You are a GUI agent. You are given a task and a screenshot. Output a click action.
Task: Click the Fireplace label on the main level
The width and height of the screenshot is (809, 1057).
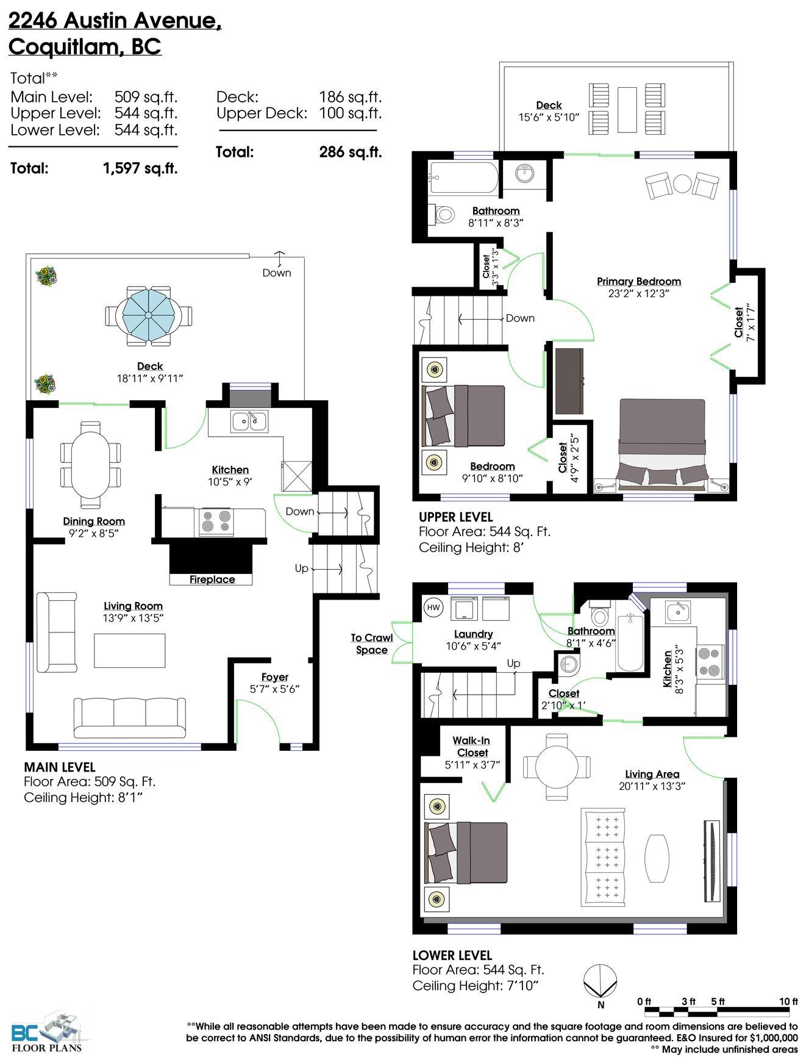212,579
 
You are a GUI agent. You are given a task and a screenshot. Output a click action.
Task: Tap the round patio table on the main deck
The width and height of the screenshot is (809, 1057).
148,315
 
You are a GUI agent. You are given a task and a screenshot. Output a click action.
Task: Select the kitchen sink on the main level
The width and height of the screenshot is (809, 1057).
249,421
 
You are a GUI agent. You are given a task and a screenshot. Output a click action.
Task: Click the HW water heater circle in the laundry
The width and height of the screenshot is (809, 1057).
433,607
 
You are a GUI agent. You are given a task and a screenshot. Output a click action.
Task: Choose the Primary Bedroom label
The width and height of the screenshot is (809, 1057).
638,281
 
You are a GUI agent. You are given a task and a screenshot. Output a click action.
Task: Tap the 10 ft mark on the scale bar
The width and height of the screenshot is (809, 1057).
788,1001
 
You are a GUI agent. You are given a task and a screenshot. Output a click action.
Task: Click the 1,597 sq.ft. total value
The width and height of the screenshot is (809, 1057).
140,168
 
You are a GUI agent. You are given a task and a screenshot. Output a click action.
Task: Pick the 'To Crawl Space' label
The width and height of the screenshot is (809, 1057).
372,643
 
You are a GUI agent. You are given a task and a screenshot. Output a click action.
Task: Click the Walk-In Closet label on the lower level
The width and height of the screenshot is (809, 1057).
472,747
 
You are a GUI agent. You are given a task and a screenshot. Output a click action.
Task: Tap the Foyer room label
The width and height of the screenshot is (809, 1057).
275,677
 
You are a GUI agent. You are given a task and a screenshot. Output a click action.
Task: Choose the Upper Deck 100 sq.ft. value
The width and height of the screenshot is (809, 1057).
350,113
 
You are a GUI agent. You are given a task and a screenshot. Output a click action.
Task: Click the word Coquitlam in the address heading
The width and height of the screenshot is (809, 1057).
64,47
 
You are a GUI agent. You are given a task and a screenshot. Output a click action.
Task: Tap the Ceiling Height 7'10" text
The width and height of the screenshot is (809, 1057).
476,986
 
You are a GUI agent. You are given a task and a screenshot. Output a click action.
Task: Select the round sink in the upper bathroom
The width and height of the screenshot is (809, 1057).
524,174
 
